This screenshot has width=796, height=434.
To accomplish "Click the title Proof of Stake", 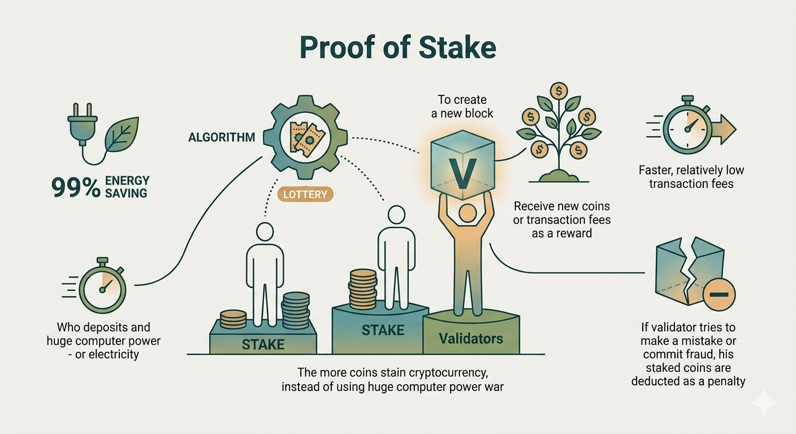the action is (x=397, y=48).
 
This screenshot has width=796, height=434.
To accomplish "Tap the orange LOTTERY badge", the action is (x=305, y=194).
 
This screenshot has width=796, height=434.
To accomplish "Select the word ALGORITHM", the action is (x=222, y=137).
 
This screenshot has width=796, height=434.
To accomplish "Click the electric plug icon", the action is (x=83, y=124).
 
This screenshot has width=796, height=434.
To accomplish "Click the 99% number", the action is (x=76, y=188).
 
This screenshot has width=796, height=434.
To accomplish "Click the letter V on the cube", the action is (x=462, y=173).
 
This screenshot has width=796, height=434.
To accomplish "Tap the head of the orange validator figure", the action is (x=468, y=214).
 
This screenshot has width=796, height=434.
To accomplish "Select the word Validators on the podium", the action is (x=471, y=338).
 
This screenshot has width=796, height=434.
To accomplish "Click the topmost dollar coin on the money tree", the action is (x=559, y=92).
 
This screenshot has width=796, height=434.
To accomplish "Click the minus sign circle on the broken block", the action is (x=719, y=294).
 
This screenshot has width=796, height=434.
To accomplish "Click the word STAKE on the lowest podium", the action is (x=263, y=344).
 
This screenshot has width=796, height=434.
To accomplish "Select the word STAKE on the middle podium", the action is (x=383, y=330).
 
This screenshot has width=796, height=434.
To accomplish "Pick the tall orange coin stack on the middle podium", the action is (x=363, y=289).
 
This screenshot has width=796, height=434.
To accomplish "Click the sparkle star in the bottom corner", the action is (x=764, y=402).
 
